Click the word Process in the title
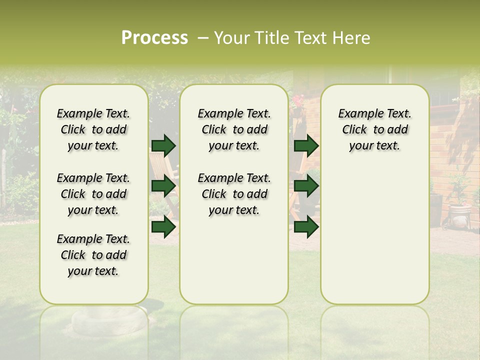click(x=154, y=38)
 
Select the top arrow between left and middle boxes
click(x=163, y=146)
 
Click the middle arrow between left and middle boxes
click(x=163, y=186)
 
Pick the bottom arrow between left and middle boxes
click(x=163, y=227)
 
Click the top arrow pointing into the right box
click(x=306, y=146)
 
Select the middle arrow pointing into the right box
click(x=306, y=186)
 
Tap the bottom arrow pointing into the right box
click(x=306, y=227)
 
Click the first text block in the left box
click(x=93, y=129)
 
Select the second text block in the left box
click(x=93, y=194)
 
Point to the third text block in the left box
click(x=93, y=255)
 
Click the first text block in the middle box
click(x=234, y=129)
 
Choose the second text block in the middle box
click(x=234, y=194)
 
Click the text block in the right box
click(x=374, y=129)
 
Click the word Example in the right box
click(x=356, y=114)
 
